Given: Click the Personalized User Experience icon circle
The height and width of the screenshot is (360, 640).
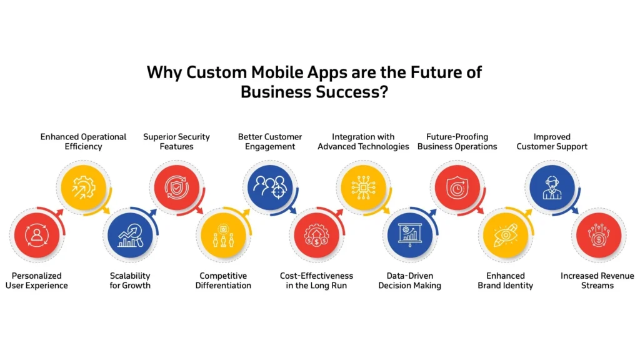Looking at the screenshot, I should click(36, 234).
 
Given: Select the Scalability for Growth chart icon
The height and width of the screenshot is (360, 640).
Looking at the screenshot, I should click(130, 234).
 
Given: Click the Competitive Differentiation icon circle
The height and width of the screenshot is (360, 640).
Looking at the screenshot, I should click(223, 234).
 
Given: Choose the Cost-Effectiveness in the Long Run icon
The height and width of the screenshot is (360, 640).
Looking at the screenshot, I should click(316, 234).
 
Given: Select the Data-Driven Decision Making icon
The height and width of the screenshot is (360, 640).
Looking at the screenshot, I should click(410, 234).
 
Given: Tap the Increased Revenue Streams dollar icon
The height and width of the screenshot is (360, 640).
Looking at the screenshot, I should click(597, 234).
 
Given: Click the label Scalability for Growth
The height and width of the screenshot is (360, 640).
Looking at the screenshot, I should click(130, 281).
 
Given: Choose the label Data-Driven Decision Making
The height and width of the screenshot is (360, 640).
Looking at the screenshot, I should click(410, 281).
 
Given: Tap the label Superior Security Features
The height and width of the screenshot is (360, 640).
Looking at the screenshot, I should click(176, 142).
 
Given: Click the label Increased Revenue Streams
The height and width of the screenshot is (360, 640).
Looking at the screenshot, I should click(597, 281).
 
